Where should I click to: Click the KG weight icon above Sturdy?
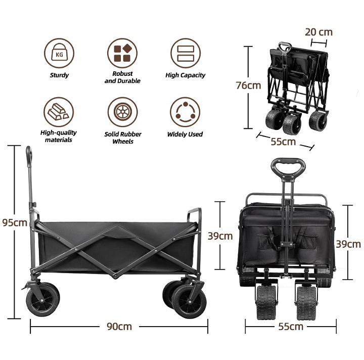[59, 53]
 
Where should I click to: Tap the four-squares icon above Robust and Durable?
[122, 53]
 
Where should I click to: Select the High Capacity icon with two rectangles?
[186, 53]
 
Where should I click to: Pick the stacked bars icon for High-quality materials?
[59, 112]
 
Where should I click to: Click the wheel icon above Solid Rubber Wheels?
[122, 112]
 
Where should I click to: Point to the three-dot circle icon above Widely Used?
[185, 112]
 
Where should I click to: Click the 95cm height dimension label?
[15, 222]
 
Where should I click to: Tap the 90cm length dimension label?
[119, 327]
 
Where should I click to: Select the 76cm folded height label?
[248, 85]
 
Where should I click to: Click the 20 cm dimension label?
[318, 32]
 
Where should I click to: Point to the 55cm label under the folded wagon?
[283, 142]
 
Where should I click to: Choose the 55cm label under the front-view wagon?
[291, 327]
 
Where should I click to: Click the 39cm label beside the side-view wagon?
[220, 236]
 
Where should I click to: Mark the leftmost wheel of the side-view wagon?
[42, 300]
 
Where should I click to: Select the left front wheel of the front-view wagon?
[266, 302]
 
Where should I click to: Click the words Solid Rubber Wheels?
[123, 138]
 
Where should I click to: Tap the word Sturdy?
[59, 75]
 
